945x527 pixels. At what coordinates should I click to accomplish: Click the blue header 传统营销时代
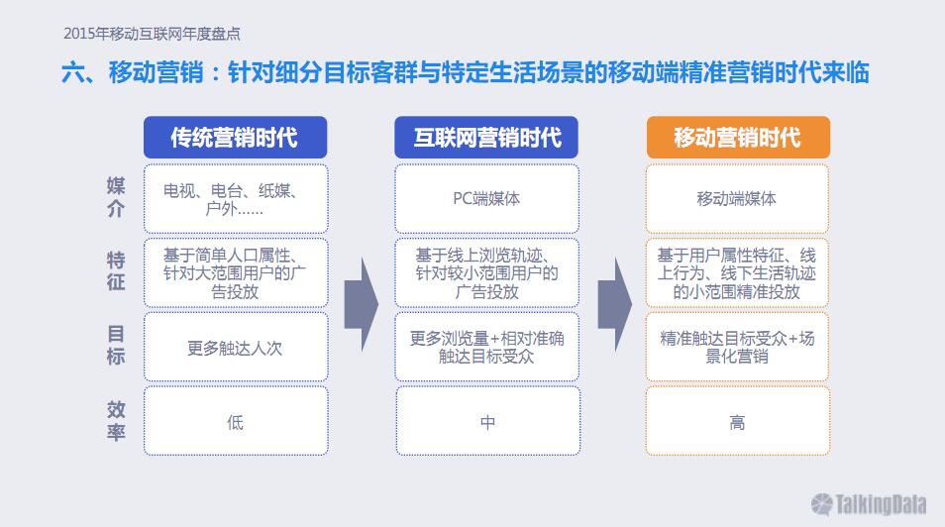point(235,138)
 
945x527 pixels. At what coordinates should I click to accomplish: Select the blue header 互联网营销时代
point(486,138)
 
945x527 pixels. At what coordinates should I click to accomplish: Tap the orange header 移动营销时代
point(738,138)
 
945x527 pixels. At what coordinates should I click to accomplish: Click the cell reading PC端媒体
point(487,198)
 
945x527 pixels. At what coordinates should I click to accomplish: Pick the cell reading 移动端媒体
point(737,198)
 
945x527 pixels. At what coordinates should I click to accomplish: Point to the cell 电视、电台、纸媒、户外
point(236,198)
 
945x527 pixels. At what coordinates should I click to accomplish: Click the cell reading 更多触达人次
point(236,347)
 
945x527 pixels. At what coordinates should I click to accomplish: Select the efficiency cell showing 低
point(236,421)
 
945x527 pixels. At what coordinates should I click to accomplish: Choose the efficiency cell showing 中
point(487,421)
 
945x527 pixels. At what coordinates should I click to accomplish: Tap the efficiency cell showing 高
point(738,421)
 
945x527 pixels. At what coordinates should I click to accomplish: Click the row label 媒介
point(116,197)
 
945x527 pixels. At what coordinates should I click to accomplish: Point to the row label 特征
point(116,271)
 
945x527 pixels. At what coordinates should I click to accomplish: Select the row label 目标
point(116,345)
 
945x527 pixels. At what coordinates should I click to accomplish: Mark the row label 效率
point(116,420)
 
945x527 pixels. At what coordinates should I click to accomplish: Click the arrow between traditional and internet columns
point(362,304)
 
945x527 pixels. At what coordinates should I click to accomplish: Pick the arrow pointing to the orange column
point(615,304)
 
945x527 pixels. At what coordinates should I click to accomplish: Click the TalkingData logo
point(869,504)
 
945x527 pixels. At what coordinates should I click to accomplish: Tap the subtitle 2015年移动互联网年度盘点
point(152,34)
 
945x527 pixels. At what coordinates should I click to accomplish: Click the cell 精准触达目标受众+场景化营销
point(737,347)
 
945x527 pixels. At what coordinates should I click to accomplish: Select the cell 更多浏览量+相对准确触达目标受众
point(487,347)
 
